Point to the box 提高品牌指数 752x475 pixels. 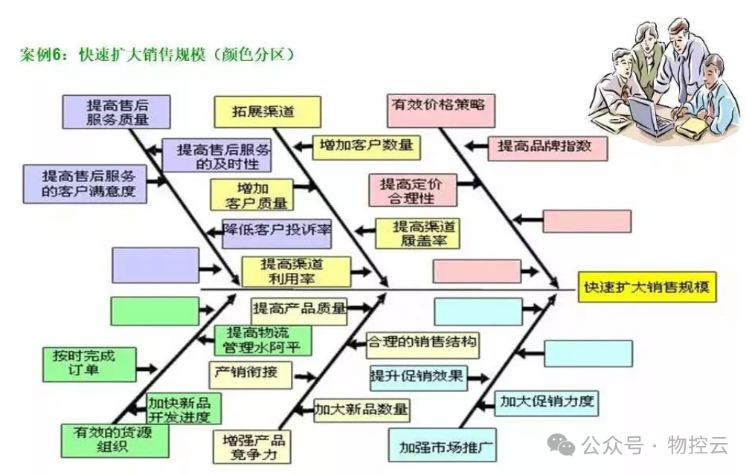pos(547,146)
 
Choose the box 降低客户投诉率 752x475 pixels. pos(277,232)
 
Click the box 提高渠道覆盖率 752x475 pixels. pos(417,233)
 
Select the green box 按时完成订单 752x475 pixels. pos(89,361)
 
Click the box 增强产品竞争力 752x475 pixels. pos(251,445)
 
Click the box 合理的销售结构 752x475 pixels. pos(422,344)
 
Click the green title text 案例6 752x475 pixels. pos(45,55)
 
